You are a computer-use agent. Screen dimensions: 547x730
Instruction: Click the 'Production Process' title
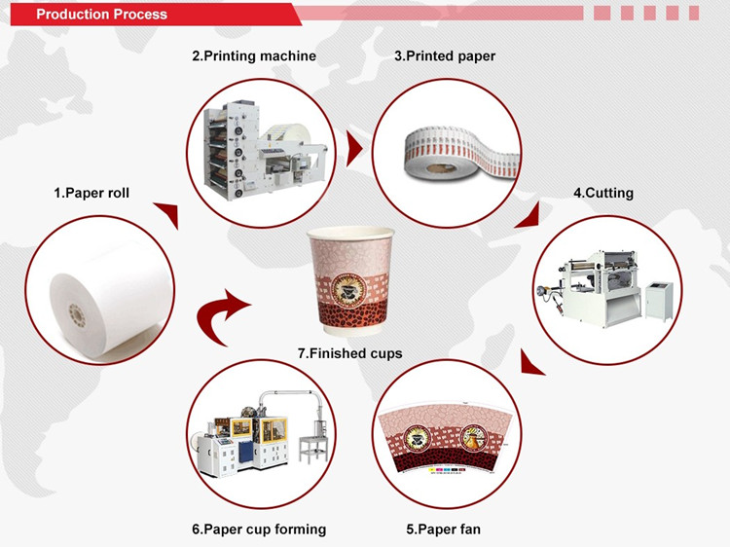point(102,14)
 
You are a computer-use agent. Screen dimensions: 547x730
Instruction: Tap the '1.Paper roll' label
point(91,194)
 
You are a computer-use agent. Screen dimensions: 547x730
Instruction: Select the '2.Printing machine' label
point(254,56)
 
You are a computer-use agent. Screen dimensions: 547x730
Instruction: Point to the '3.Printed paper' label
point(445,56)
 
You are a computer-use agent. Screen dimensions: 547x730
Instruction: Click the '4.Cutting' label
point(603,193)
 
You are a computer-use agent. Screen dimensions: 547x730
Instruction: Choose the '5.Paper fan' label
point(444,529)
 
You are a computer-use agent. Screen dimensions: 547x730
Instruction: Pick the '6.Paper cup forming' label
point(259,529)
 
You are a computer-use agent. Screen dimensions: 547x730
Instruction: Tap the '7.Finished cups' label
point(350,353)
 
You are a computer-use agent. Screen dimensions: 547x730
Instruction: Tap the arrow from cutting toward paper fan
point(530,365)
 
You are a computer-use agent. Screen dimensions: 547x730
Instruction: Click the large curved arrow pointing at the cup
point(218,311)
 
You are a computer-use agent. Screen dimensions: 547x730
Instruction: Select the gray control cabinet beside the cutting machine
point(659,296)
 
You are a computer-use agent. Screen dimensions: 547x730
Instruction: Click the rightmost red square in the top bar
point(693,13)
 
